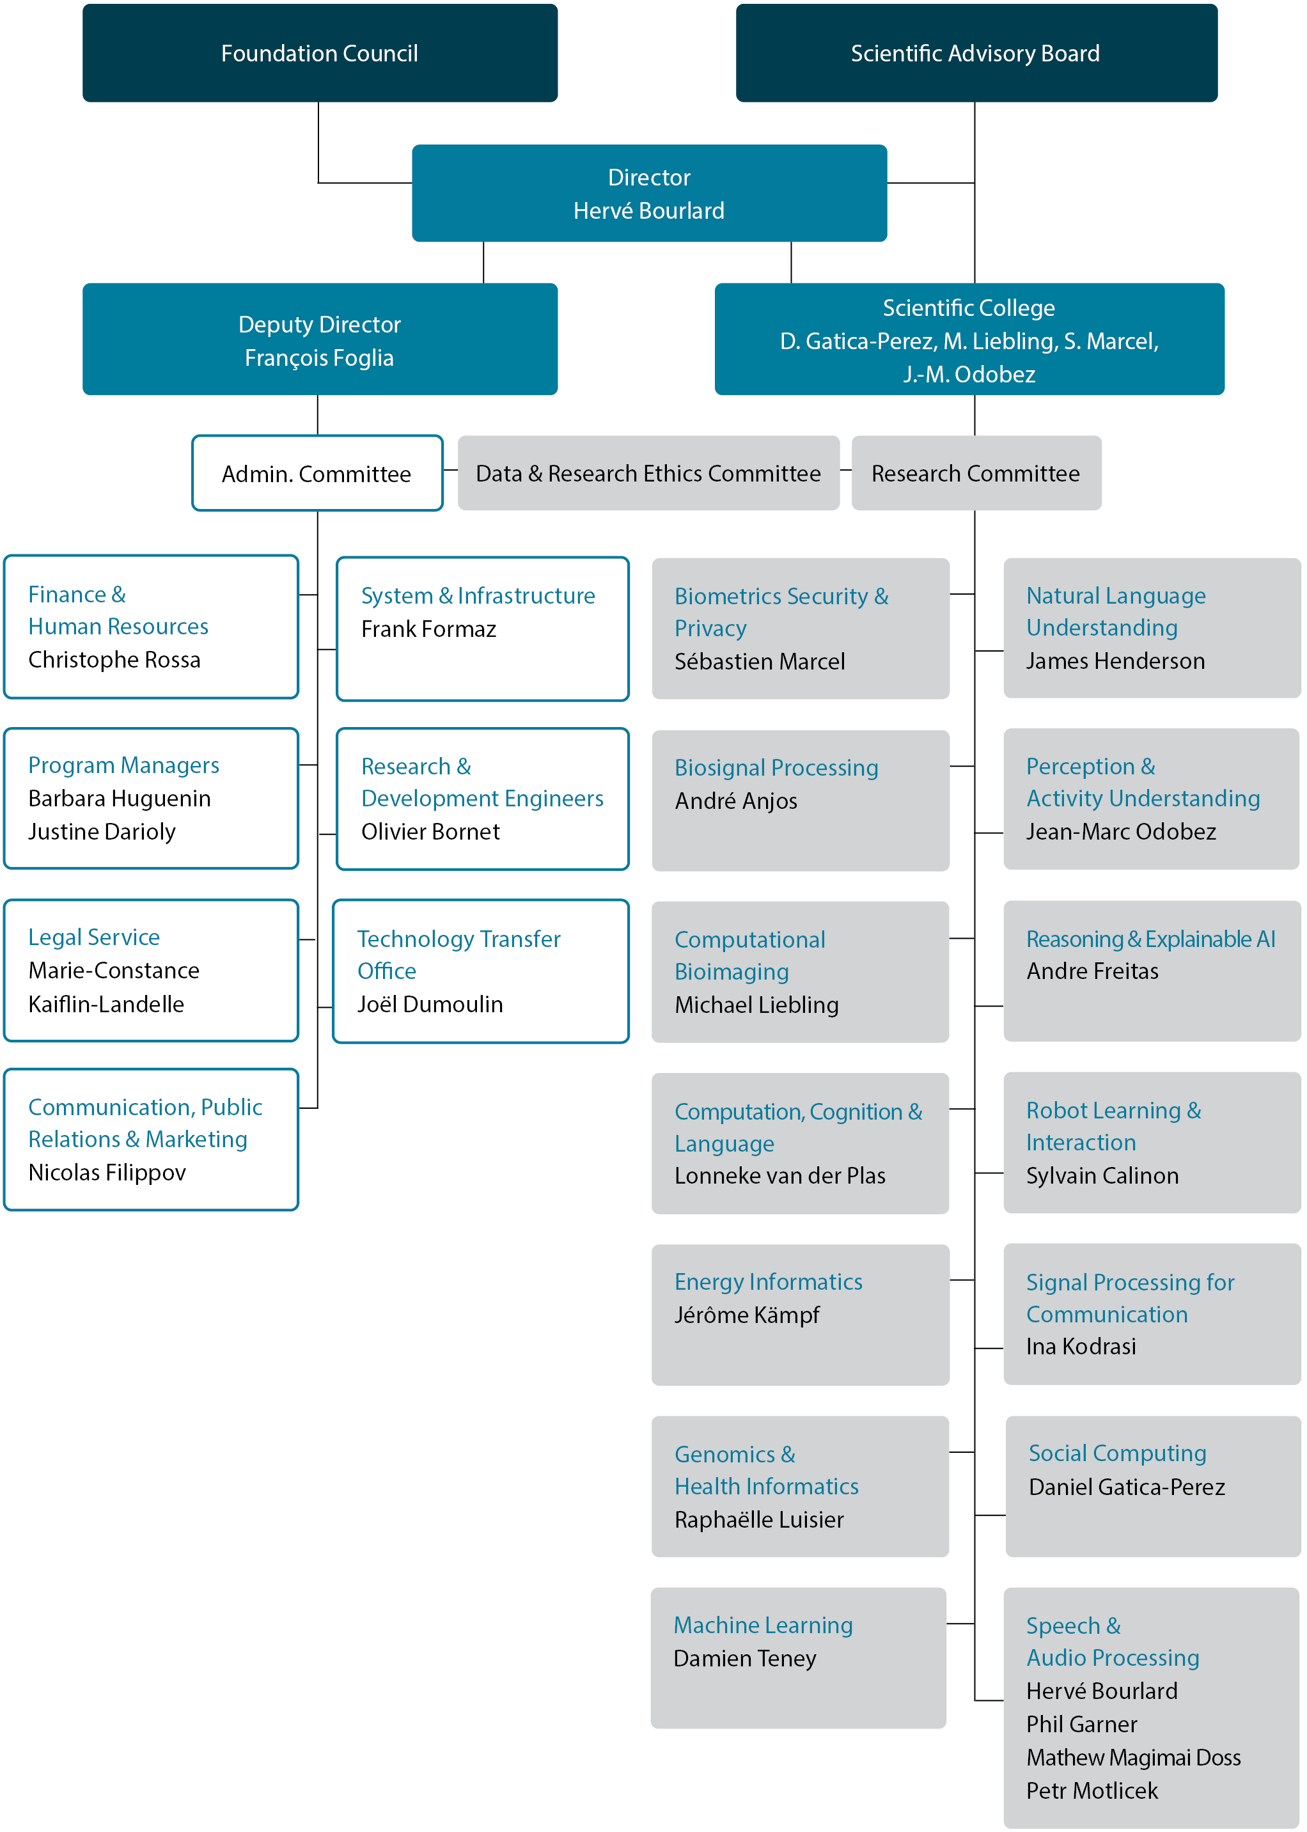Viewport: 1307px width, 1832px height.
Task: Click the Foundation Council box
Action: pos(320,53)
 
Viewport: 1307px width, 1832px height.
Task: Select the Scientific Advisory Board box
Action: pos(975,53)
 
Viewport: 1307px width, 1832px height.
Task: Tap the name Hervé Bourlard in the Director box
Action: pos(648,211)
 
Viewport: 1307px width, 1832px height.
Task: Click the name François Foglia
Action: pos(320,358)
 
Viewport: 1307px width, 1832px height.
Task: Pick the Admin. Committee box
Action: pos(317,474)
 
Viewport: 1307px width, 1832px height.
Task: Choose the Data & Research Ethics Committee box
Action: pos(648,474)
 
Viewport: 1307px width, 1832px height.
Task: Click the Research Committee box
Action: pos(975,474)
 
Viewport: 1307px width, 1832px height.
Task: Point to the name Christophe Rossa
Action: pos(114,660)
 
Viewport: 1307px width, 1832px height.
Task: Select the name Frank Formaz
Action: pos(428,629)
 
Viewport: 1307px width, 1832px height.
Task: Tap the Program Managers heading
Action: pos(124,765)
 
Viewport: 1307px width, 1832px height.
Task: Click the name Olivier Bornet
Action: pos(430,832)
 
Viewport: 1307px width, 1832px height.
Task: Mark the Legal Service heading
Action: pos(94,937)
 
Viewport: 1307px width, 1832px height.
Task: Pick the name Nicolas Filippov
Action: pos(107,1173)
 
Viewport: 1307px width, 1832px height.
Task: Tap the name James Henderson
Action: pos(1115,661)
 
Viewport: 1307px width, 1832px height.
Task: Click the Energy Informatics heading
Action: pos(768,1281)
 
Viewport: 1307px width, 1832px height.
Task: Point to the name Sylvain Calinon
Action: pos(1102,1177)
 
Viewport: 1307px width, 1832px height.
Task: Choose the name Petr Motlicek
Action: pos(1092,1791)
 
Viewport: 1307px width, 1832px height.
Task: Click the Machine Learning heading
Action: pos(763,1625)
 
